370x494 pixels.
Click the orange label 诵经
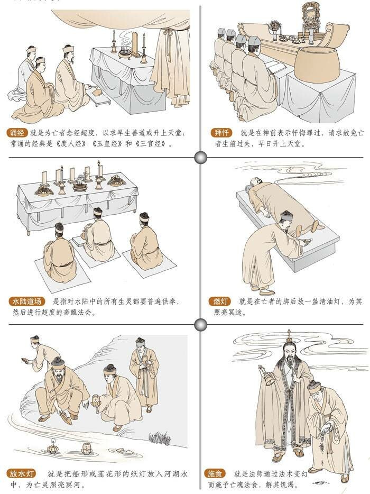17,133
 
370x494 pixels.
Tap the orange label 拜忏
221,133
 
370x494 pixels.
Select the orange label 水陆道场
27,301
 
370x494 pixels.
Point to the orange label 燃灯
220,301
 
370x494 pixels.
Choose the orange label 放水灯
22,473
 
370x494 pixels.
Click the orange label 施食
215,473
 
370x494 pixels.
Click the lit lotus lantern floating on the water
52,447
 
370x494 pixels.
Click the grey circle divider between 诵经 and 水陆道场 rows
200,157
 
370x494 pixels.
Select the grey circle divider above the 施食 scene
200,325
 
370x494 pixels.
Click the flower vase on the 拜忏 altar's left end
275,30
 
